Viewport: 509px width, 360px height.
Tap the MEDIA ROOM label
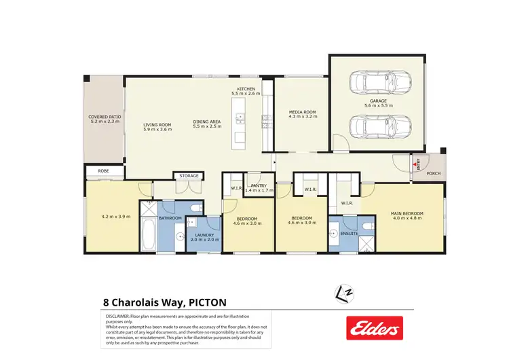302,112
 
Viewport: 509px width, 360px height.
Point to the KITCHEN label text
246,89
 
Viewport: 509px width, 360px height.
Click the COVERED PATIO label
105,117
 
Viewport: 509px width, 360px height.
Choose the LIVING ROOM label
157,125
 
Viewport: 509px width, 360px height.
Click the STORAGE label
189,176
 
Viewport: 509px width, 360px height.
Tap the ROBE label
103,171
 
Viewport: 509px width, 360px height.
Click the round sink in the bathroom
179,236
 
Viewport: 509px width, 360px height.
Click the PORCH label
433,173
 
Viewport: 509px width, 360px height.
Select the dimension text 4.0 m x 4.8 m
407,219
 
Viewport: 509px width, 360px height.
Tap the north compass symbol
345,293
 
